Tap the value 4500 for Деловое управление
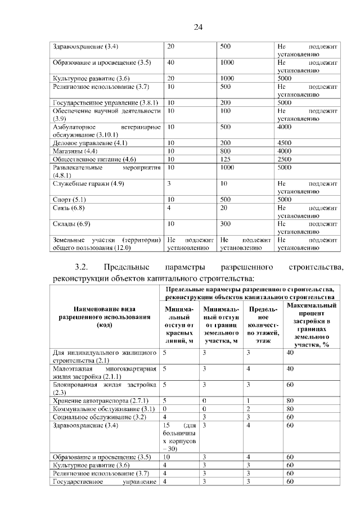pos(286,143)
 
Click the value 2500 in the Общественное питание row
pos(286,159)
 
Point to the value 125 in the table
pos(226,159)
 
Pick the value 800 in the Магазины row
pos(226,151)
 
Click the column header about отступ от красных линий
pos(179,325)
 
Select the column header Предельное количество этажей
pos(263,325)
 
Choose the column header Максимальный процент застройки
pos(311,325)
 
